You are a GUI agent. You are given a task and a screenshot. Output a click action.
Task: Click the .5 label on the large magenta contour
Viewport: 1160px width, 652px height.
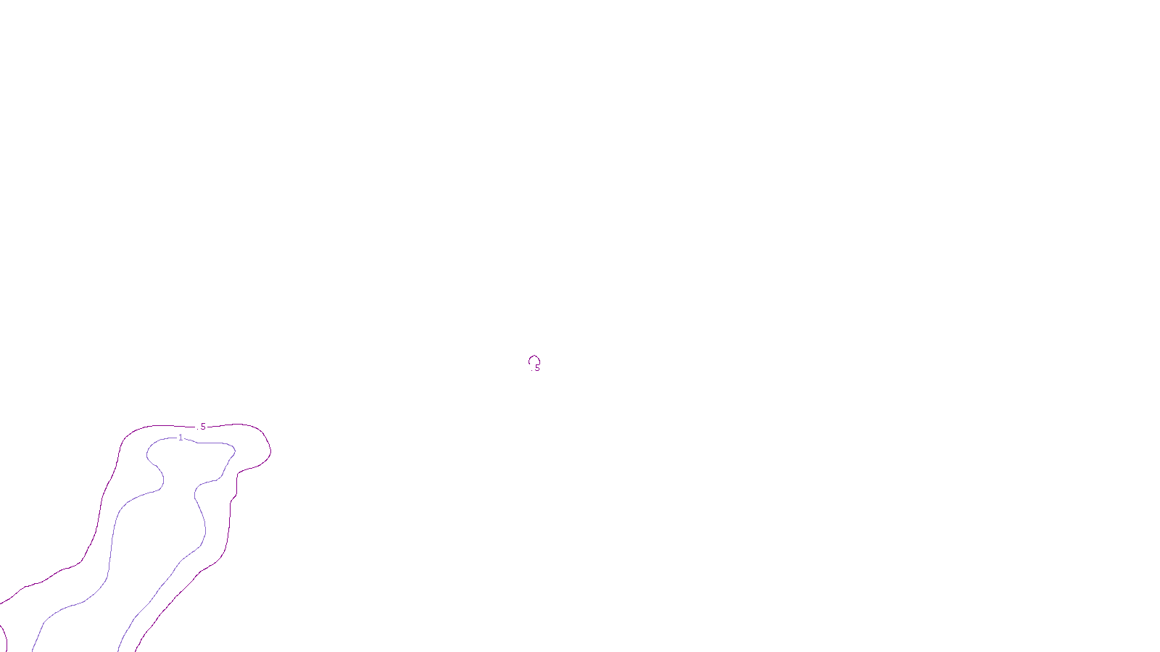coord(202,427)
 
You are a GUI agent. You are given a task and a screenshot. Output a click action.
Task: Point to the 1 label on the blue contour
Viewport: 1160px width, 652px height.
coord(181,438)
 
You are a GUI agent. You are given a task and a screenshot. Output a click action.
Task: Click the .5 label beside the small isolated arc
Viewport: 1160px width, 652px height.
coord(536,368)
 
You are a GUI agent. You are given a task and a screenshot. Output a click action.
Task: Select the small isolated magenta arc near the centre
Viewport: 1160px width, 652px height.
coord(534,358)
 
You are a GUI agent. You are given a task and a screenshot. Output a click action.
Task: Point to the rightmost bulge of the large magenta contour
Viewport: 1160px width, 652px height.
coord(270,450)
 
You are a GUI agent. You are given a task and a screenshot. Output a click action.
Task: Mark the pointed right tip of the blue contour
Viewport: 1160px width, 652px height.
coord(235,451)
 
